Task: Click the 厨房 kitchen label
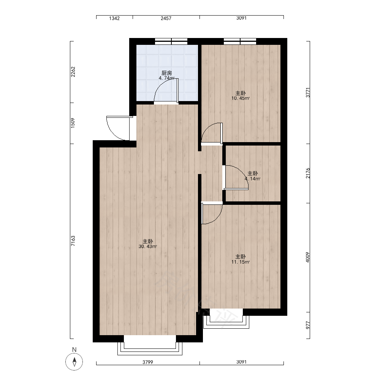pyautogui.click(x=166, y=73)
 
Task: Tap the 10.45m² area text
pyautogui.click(x=241, y=98)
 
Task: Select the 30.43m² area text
pyautogui.click(x=147, y=247)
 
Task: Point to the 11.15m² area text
pyautogui.click(x=241, y=262)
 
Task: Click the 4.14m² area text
pyautogui.click(x=253, y=179)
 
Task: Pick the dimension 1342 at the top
pyautogui.click(x=114, y=18)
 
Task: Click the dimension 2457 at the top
pyautogui.click(x=166, y=18)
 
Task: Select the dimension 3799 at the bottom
pyautogui.click(x=147, y=362)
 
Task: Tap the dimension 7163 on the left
pyautogui.click(x=73, y=241)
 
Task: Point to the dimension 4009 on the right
pyautogui.click(x=307, y=257)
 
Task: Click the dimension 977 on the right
pyautogui.click(x=307, y=325)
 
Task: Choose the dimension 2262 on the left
pyautogui.click(x=73, y=72)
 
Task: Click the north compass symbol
pyautogui.click(x=74, y=362)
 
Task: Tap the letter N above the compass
pyautogui.click(x=74, y=350)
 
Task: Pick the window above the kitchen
pyautogui.click(x=171, y=41)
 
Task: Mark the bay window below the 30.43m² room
pyautogui.click(x=150, y=345)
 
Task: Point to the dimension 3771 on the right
pyautogui.click(x=307, y=93)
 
